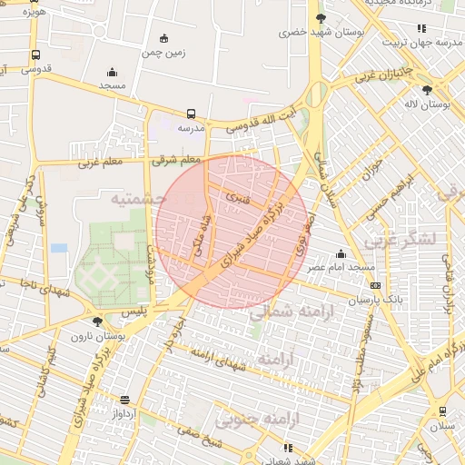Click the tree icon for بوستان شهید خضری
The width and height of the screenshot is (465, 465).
coord(320,18)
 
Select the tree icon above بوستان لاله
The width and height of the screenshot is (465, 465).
coord(427,89)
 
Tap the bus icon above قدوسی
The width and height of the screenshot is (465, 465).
coord(35,54)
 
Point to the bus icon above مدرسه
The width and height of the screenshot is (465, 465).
coord(191,114)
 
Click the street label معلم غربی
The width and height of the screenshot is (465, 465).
coord(100,163)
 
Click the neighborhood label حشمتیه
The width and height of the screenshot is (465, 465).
coord(138,197)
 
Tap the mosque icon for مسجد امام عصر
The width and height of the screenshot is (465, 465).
coord(341,253)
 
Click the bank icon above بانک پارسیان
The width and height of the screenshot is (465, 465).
coord(376,285)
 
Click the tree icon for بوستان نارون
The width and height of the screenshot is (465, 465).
coord(98,322)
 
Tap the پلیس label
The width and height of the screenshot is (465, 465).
coord(134,312)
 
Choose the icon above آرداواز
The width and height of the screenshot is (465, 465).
coord(124,400)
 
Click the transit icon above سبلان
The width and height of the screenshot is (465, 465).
coord(442,411)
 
